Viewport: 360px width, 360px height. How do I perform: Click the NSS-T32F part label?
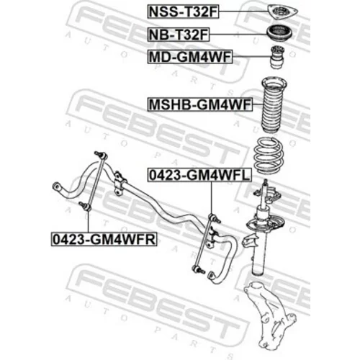coord(183,12)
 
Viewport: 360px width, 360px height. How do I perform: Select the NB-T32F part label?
coord(179,35)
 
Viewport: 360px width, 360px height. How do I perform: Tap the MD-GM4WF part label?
coord(190,57)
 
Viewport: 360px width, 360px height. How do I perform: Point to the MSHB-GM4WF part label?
coord(200,104)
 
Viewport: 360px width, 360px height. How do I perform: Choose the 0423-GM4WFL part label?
coord(199,175)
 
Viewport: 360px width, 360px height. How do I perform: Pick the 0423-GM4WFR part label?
coord(104,239)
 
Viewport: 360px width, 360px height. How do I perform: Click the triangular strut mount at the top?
coord(282,12)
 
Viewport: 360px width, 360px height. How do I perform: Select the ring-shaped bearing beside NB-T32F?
coord(279,34)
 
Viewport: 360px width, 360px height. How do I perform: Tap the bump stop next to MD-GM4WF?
coord(278,57)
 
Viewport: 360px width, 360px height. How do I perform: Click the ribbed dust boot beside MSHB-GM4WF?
coord(274,104)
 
